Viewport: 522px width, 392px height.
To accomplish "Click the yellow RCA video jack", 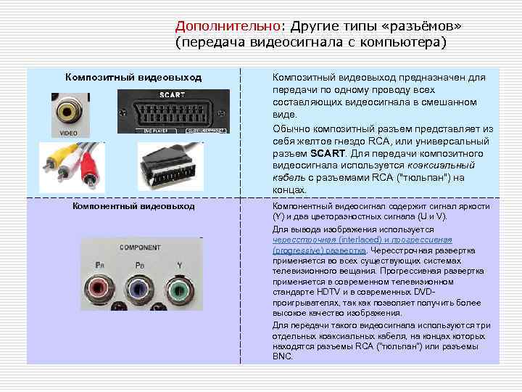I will (70, 113).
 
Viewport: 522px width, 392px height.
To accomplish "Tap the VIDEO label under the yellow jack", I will (69, 134).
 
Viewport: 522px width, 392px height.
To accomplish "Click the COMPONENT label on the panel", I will (140, 248).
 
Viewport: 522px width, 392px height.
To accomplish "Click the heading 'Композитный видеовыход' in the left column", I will (133, 77).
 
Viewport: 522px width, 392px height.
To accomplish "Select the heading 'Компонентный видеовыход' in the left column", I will (133, 206).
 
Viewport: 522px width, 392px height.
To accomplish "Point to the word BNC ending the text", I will (282, 356).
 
